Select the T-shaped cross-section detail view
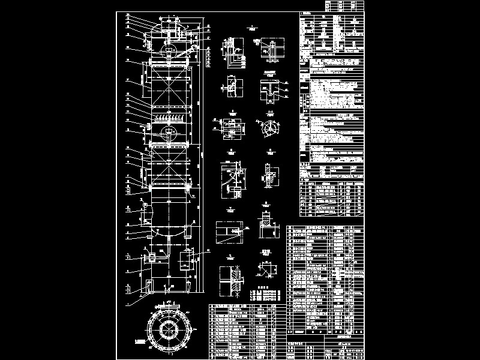pos(271,91)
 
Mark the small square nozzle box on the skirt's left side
pos(151,257)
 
